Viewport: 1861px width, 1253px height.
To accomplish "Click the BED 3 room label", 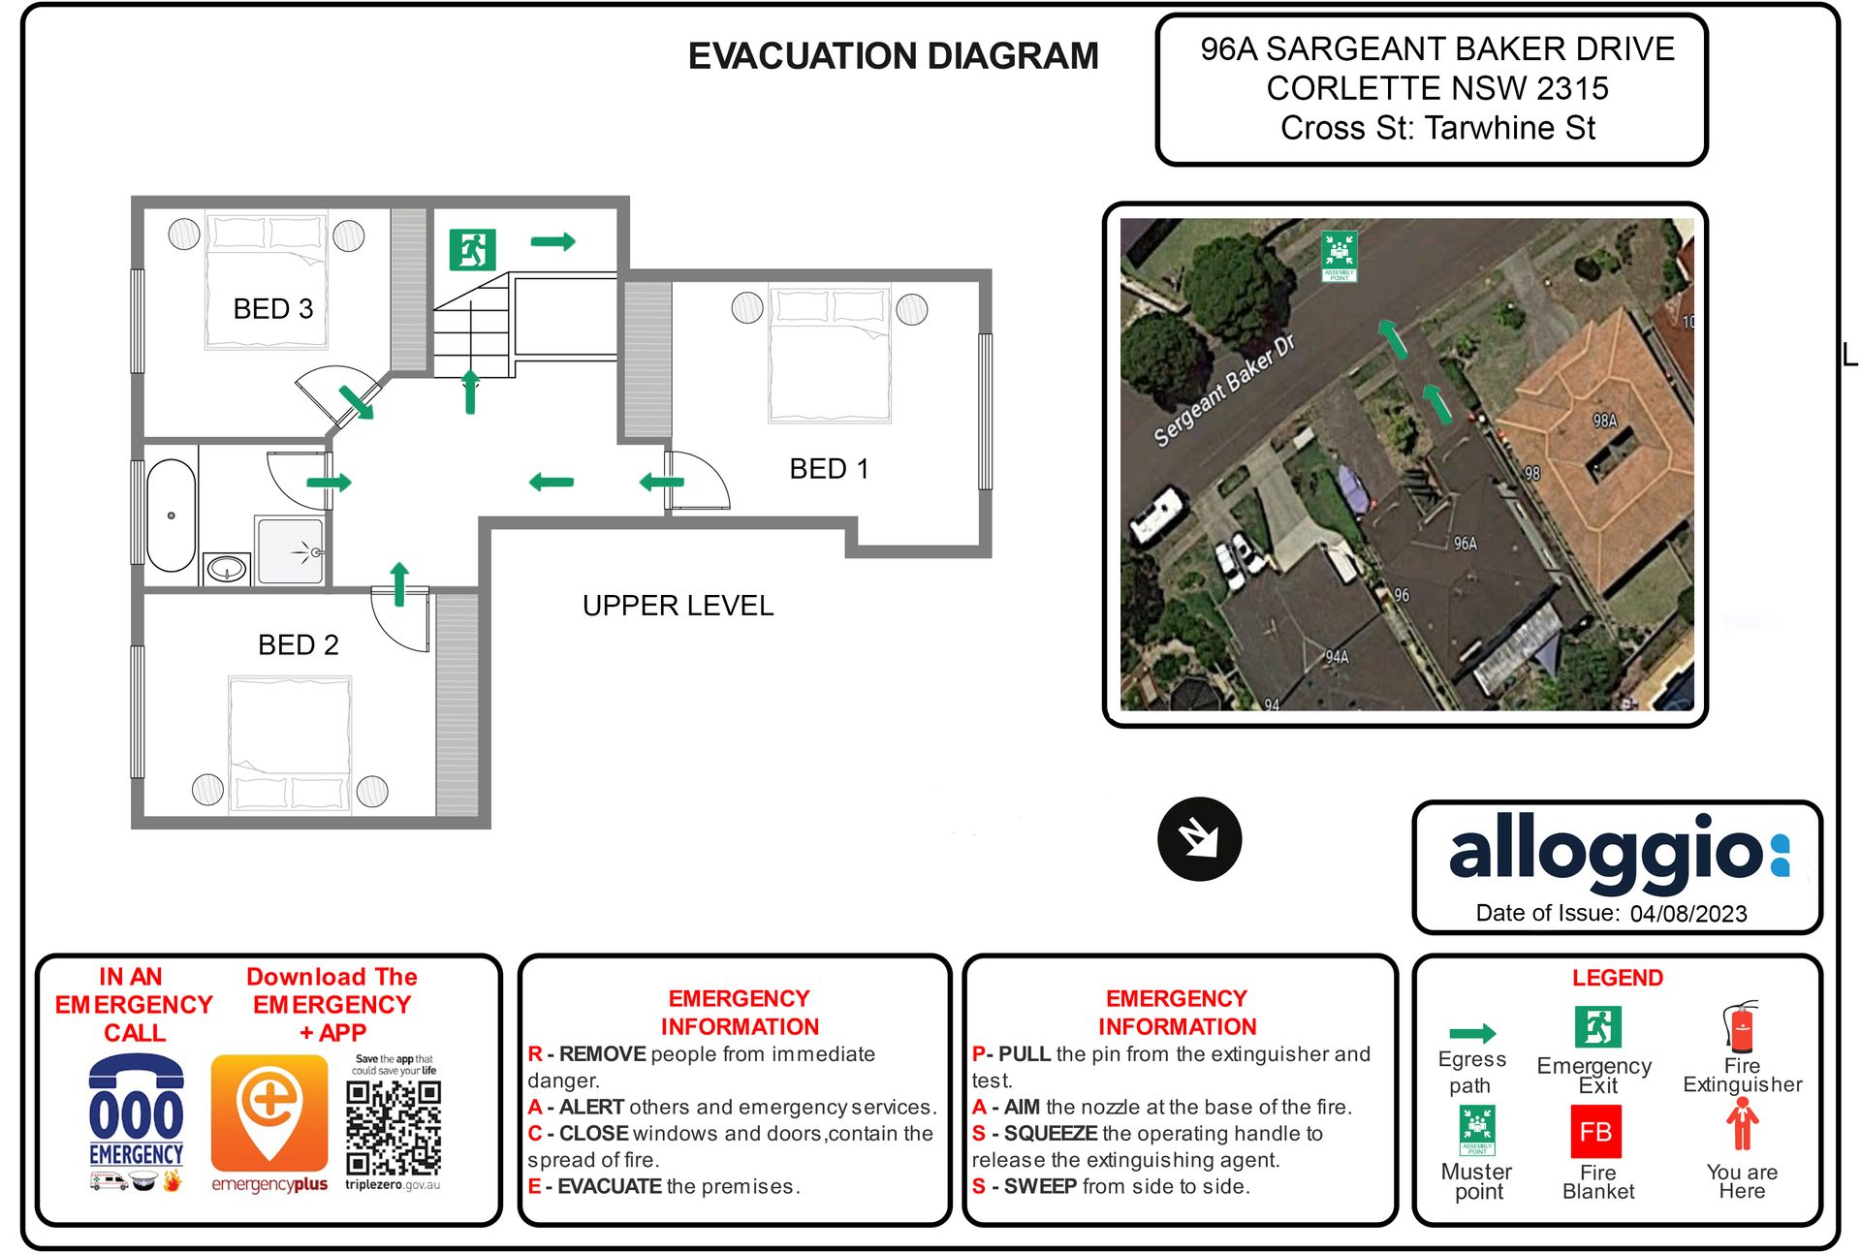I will [x=272, y=308].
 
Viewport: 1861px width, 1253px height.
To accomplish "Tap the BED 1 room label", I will [x=829, y=469].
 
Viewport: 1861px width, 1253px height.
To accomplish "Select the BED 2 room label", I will [x=298, y=644].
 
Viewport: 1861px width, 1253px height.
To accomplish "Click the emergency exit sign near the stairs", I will [x=472, y=249].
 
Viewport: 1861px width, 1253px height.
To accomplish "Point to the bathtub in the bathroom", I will [x=172, y=515].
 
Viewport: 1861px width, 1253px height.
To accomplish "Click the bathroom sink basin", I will [x=227, y=568].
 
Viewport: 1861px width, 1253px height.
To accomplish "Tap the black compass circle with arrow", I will [x=1199, y=838].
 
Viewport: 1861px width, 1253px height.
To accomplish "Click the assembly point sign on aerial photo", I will [x=1339, y=255].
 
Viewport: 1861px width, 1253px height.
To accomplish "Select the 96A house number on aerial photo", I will [x=1465, y=544].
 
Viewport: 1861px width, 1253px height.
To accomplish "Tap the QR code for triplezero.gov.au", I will [x=394, y=1127].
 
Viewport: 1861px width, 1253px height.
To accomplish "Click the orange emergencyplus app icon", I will [x=269, y=1112].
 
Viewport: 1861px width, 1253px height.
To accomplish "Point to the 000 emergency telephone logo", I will [x=136, y=1114].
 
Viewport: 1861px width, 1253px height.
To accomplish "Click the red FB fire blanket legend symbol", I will [x=1595, y=1132].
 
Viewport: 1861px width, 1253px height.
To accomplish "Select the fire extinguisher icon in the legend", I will [x=1741, y=1028].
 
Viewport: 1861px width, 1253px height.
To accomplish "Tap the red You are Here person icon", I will [x=1742, y=1126].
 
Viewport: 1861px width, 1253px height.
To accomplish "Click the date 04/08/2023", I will [x=1688, y=914].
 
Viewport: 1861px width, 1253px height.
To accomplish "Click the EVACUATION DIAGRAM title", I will [x=893, y=56].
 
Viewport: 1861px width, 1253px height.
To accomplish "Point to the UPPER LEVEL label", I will [x=678, y=606].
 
